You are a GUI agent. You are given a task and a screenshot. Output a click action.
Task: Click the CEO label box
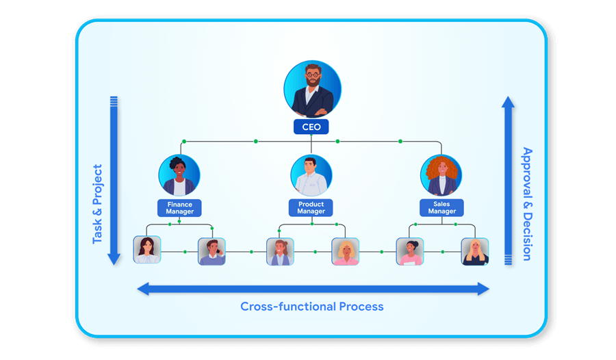coord(311,127)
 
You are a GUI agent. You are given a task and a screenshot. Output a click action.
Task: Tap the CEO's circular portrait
coord(312,90)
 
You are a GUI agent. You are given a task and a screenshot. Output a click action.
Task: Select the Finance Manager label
coord(179,208)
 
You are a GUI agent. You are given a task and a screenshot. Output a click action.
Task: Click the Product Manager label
coord(311,208)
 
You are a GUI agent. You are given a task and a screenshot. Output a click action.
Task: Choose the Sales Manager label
coord(441,208)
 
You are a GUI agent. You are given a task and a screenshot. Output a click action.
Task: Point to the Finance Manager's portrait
coord(179,175)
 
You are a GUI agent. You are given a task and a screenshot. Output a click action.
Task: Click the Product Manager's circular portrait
coord(311,175)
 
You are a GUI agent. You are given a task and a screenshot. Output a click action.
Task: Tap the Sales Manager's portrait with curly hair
coord(442,175)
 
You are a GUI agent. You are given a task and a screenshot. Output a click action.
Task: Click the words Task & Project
coord(98,204)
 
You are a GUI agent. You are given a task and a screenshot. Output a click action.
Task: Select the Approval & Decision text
coord(526,204)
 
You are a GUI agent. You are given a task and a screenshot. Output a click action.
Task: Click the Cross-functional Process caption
coord(311,307)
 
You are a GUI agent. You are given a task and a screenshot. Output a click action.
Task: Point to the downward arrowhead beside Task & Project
coord(114,259)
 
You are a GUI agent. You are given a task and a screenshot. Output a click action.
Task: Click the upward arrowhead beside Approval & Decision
coord(508,102)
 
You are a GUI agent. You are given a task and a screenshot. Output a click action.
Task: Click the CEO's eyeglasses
coord(313,73)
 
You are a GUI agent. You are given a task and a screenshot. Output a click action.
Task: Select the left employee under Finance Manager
coord(146,250)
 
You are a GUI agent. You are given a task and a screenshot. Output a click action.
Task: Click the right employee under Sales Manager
coord(474,251)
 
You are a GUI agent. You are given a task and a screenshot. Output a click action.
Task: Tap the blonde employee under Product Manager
coord(345,251)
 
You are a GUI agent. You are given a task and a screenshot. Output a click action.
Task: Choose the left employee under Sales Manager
coord(409,251)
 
